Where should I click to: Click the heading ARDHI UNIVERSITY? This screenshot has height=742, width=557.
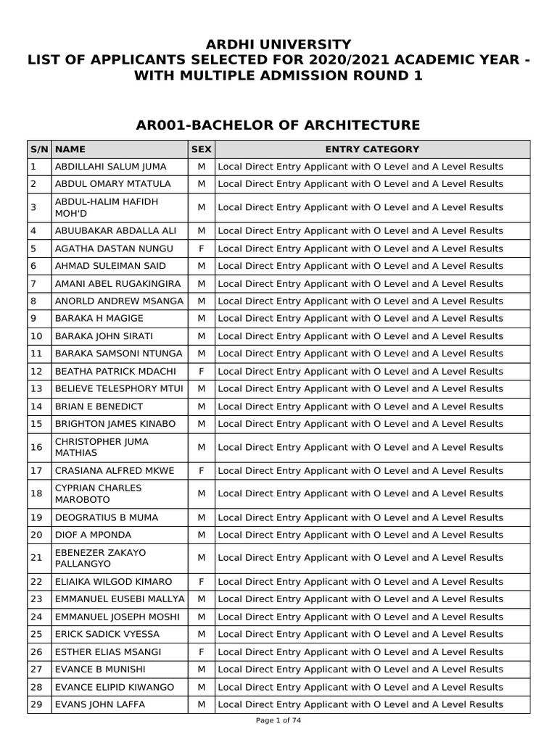[x=278, y=45]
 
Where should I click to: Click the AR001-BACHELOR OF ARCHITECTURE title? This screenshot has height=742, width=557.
[x=278, y=125]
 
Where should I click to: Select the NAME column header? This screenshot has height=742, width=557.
[x=70, y=149]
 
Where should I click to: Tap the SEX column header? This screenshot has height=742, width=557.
[x=201, y=149]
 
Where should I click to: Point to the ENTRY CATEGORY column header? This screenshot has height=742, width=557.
[x=372, y=149]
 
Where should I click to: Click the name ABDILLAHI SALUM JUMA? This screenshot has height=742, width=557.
[x=111, y=167]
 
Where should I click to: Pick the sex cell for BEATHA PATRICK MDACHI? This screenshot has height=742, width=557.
[x=201, y=371]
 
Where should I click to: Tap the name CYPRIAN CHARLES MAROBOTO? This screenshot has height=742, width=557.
[x=99, y=494]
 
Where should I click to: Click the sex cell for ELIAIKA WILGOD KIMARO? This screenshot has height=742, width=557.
[x=201, y=582]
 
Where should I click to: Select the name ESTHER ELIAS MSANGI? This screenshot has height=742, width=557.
[x=108, y=652]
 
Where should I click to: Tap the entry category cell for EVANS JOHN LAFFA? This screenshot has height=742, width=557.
[x=360, y=704]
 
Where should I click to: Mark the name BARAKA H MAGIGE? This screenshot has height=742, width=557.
[x=99, y=319]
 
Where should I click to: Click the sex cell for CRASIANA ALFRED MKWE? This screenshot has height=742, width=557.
[x=201, y=471]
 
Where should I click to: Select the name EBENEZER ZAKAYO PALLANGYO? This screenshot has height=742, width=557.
[x=101, y=558]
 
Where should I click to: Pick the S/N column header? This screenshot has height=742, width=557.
[x=38, y=149]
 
